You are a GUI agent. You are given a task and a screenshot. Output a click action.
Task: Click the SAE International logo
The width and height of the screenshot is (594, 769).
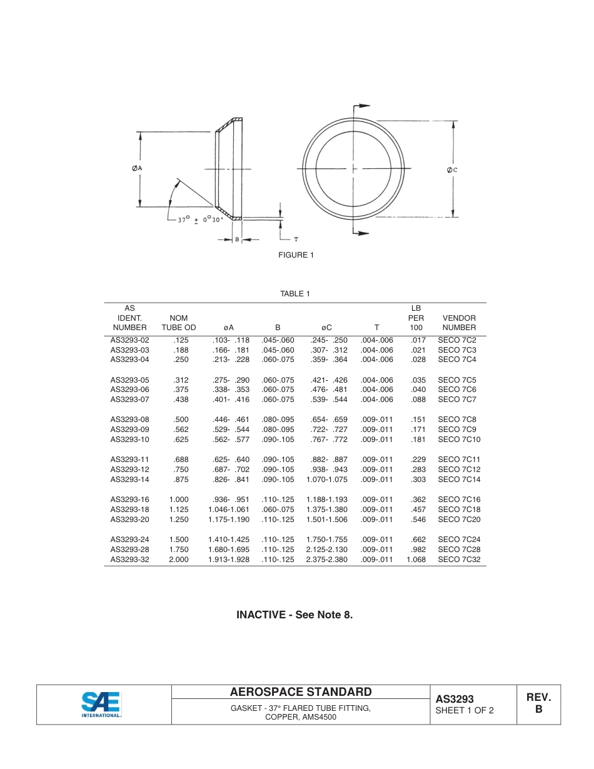pos(101,705)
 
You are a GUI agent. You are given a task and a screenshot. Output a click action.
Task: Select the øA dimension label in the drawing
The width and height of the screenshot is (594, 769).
pos(138,168)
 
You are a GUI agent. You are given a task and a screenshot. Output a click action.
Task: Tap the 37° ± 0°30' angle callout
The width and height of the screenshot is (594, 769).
pos(200,219)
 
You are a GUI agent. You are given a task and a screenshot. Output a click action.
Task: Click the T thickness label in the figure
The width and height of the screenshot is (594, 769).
pos(296,239)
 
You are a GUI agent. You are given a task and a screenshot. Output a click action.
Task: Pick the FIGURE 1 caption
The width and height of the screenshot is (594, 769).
pos(296,255)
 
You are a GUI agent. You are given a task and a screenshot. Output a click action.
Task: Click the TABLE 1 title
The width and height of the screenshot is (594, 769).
pos(295,294)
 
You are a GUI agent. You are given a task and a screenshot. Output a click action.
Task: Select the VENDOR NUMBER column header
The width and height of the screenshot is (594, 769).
pos(459,323)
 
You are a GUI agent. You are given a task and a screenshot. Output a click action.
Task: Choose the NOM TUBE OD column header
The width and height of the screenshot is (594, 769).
pos(178,323)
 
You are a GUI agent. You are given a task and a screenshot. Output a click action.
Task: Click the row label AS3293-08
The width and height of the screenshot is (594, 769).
pos(130,420)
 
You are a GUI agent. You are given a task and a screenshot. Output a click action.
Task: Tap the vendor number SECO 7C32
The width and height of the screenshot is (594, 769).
pos(459,560)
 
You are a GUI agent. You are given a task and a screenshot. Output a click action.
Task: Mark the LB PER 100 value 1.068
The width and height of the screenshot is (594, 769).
pos(416,560)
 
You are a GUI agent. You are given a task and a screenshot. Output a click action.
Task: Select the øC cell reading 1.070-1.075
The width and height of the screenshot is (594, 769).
pos(326,480)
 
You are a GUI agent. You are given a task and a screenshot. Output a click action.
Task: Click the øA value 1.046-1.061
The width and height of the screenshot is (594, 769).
pos(229,510)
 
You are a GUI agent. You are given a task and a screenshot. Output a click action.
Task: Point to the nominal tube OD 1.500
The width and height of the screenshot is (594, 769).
pos(178,540)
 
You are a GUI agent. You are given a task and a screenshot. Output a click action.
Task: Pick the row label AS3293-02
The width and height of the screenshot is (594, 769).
pos(130,340)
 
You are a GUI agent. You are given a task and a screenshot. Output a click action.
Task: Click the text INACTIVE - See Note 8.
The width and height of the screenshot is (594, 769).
pos(294,615)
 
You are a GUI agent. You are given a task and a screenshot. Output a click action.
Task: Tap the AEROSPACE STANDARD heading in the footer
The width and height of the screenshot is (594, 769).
pos(301,692)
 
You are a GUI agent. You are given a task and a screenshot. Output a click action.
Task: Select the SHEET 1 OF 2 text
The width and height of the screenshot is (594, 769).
pos(465,710)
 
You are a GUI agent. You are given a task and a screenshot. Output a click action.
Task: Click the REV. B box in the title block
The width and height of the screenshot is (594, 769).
pos(538,703)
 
